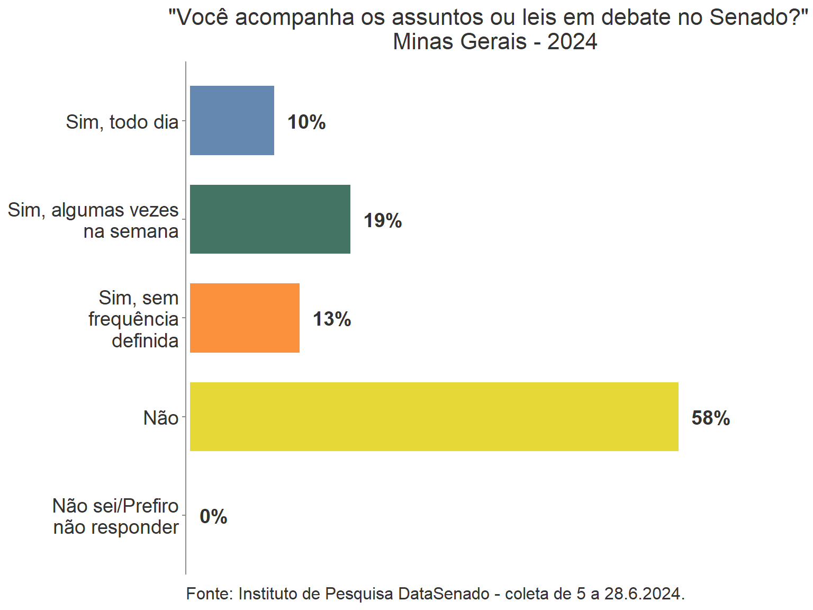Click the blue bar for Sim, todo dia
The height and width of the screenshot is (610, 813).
(232, 120)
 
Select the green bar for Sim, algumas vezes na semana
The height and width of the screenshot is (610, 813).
(270, 219)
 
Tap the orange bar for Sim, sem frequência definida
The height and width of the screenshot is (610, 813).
(245, 318)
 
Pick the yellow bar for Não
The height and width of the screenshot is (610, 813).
(434, 417)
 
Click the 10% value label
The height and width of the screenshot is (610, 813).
(306, 122)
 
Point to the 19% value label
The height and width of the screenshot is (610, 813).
(383, 221)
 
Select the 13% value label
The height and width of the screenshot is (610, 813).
(332, 319)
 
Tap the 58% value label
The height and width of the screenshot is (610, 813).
(711, 418)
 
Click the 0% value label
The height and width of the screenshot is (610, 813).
(213, 517)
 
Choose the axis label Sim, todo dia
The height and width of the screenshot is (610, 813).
(122, 122)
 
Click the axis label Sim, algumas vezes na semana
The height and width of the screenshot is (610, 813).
(94, 221)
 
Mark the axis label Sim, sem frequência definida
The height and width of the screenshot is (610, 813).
(133, 319)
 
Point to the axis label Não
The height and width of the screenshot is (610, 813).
(161, 418)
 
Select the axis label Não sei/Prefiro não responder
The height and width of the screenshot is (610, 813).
(116, 517)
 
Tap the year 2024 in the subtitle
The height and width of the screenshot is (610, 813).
(572, 42)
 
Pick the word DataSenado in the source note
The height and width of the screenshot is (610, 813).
(444, 594)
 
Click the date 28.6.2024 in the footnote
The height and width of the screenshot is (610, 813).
(644, 594)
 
